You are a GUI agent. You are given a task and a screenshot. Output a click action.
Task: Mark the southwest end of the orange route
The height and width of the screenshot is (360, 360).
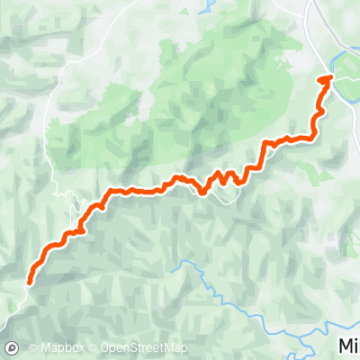tap(31, 279)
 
